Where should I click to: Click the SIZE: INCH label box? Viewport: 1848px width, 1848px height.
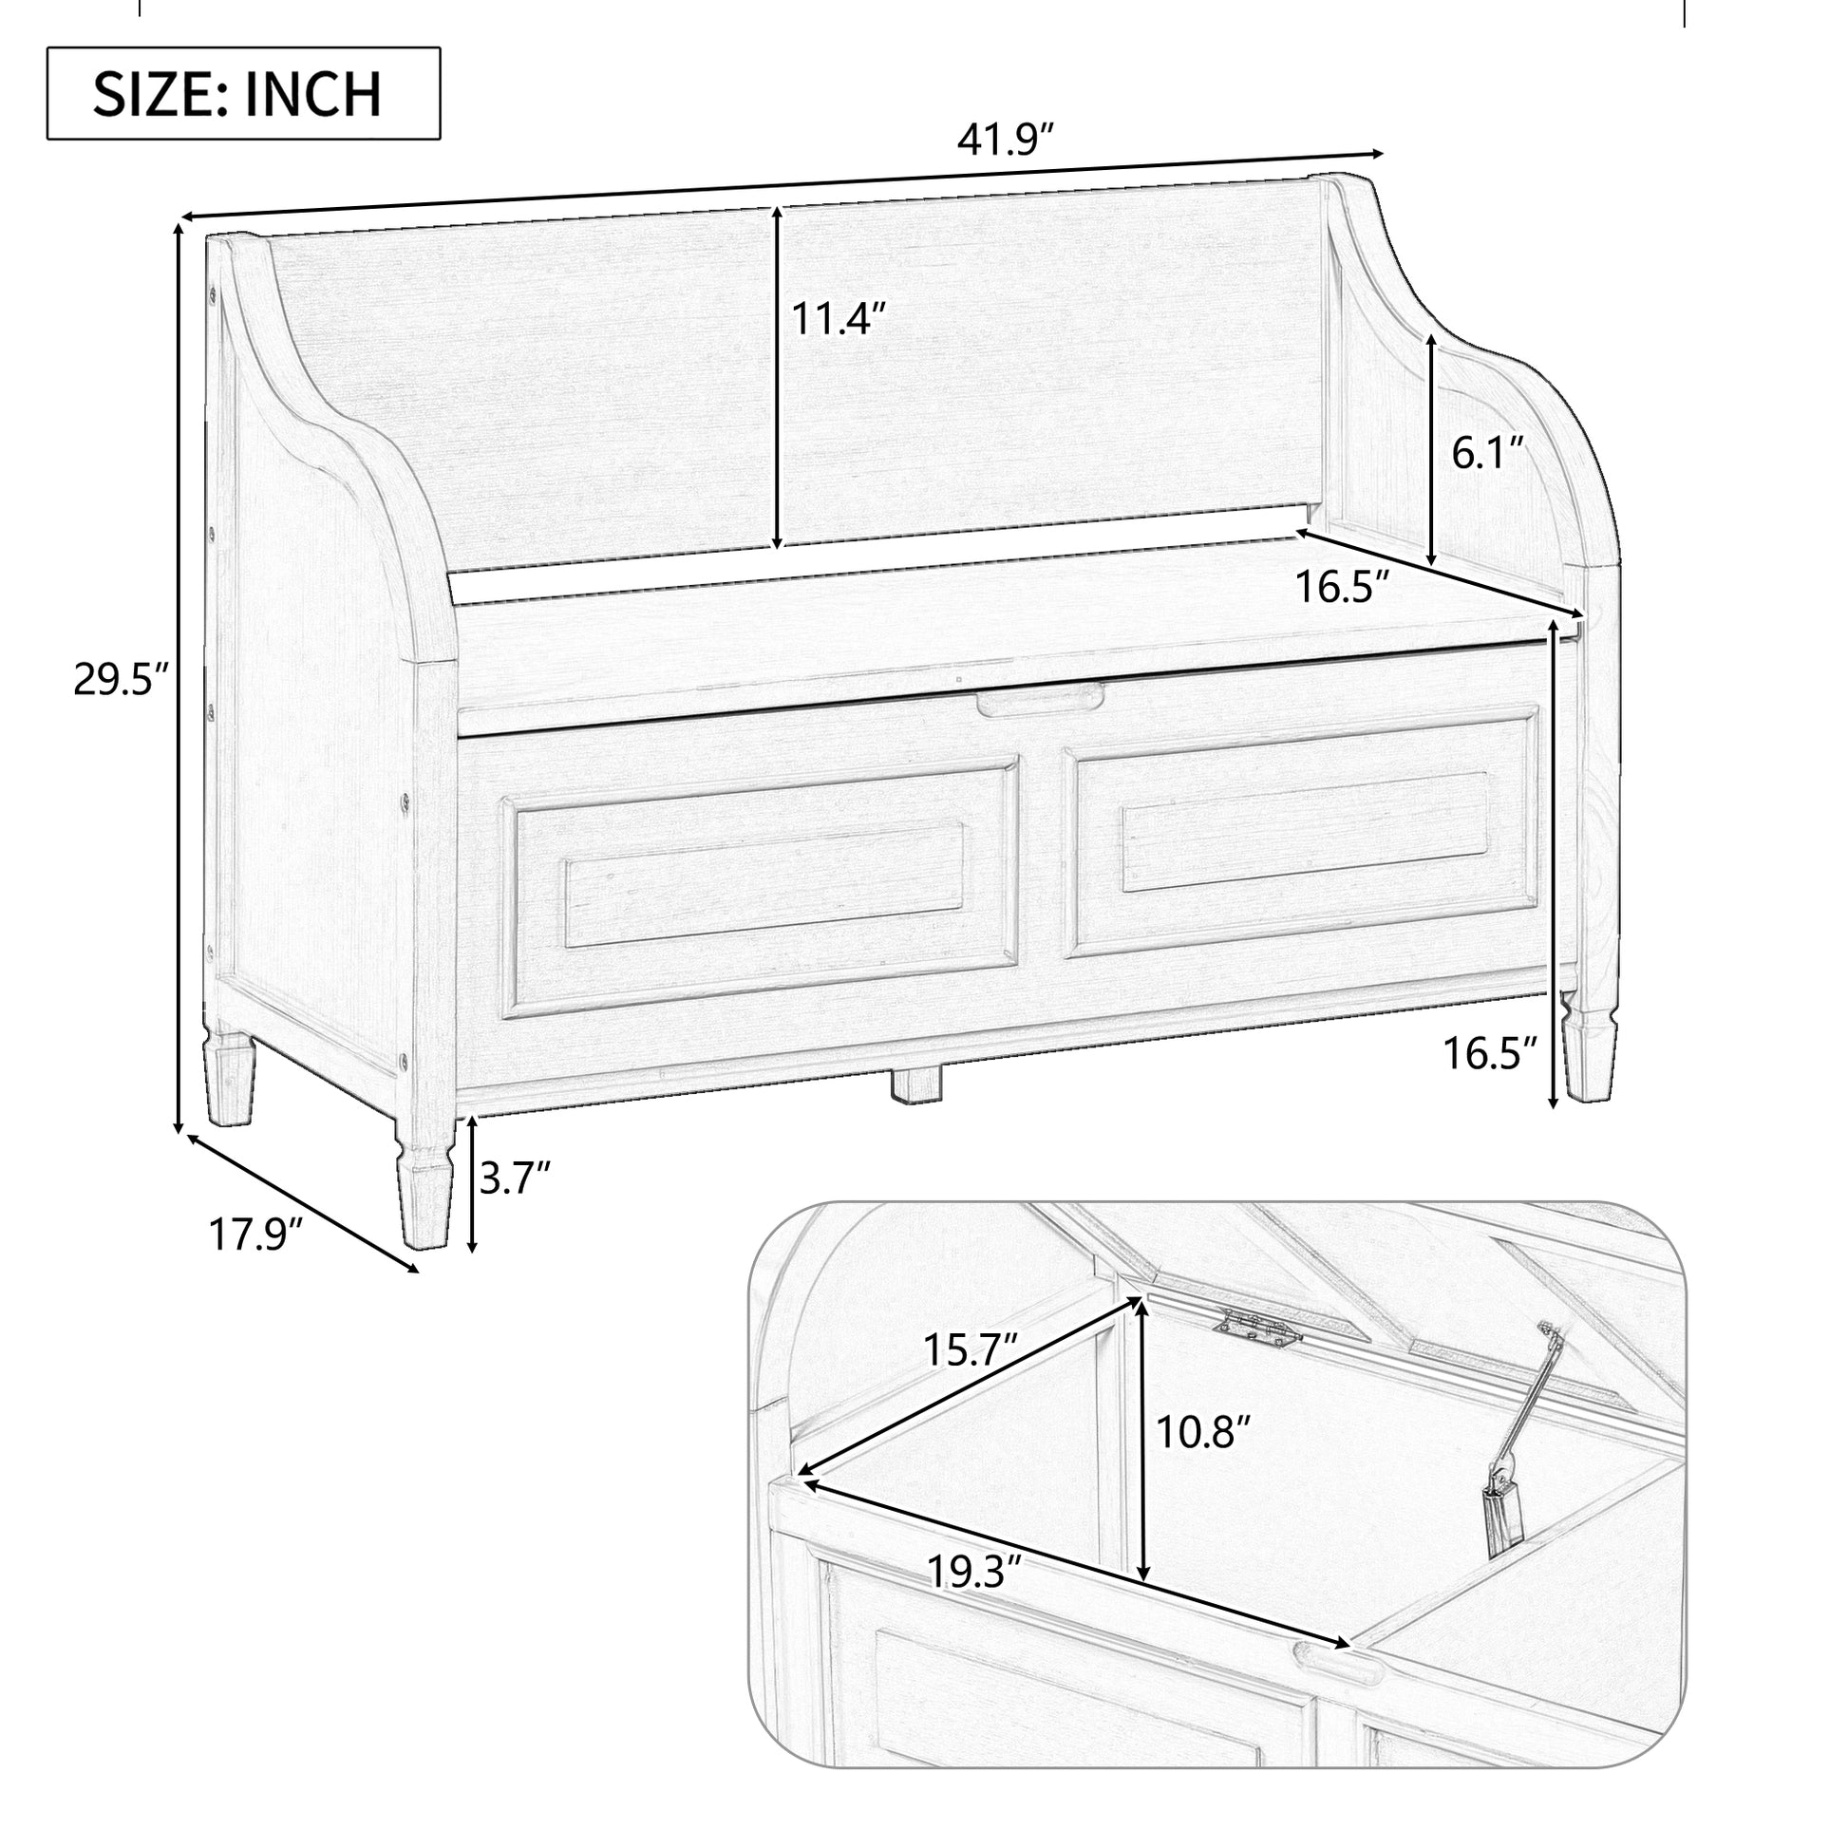243,94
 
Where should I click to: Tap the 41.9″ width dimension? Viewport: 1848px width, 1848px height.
1006,141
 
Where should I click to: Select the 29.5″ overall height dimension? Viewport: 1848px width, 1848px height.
121,682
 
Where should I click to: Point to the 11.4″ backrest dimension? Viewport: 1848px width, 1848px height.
838,318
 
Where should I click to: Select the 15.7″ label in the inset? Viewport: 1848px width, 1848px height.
968,1349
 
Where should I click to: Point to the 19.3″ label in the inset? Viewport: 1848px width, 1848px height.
974,1571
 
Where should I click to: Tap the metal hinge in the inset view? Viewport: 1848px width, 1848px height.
1258,1329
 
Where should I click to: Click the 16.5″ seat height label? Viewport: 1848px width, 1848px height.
1489,1053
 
